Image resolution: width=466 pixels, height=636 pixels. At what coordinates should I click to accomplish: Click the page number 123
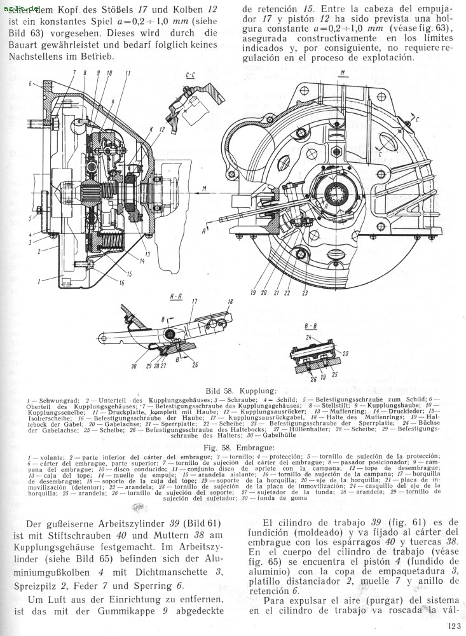tap(453, 626)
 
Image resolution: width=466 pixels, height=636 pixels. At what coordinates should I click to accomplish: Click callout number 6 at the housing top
tap(30, 84)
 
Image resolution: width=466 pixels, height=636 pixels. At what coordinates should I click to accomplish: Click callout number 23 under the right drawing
tap(305, 293)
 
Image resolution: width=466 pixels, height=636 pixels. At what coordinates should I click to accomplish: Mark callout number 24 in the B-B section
tap(308, 338)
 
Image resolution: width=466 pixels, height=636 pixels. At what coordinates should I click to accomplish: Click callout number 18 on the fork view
tap(230, 302)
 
